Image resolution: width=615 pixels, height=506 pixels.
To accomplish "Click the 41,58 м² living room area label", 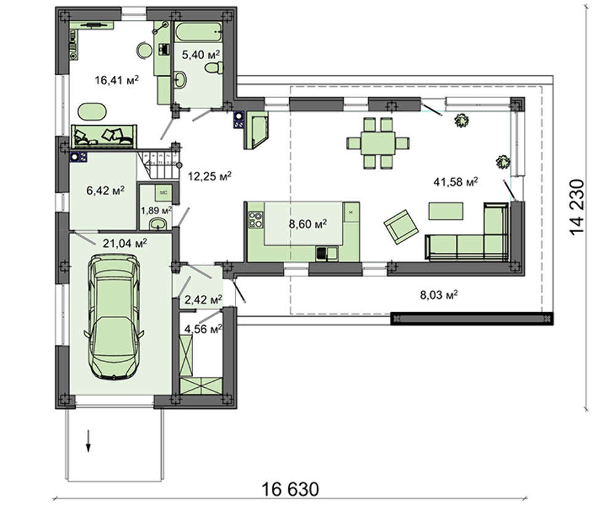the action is pos(455,182).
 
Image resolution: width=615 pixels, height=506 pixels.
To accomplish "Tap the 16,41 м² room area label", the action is pos(116,81).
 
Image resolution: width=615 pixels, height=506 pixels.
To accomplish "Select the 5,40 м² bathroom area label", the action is pos(200,55).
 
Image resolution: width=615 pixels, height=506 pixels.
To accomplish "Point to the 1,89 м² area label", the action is pos(156,211).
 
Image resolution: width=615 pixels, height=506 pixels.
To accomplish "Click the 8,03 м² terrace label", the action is pos(439,294).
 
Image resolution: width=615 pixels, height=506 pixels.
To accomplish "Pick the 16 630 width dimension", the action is pos(290,489).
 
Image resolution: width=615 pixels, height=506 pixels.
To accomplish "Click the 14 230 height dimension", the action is pos(577,207).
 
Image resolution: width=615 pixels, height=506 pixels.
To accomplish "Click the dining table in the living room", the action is pos(378,143).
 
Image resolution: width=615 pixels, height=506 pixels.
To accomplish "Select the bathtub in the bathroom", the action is pos(197,32).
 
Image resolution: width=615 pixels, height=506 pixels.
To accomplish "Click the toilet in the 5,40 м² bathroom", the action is pos(214,68).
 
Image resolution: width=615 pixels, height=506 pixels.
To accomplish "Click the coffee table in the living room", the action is pos(445,211).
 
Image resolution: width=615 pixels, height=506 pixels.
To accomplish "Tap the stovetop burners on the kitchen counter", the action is pos(255,219).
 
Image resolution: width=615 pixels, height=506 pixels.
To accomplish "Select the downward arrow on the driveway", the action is pos(89,441).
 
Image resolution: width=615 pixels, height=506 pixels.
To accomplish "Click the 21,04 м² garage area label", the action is pos(125,243).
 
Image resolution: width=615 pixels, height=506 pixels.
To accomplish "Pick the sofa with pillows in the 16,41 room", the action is pos(104,136).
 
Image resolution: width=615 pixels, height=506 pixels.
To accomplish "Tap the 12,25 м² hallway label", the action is pos(210,176).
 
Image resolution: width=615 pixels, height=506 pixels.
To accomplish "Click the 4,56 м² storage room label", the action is pos(203,329).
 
